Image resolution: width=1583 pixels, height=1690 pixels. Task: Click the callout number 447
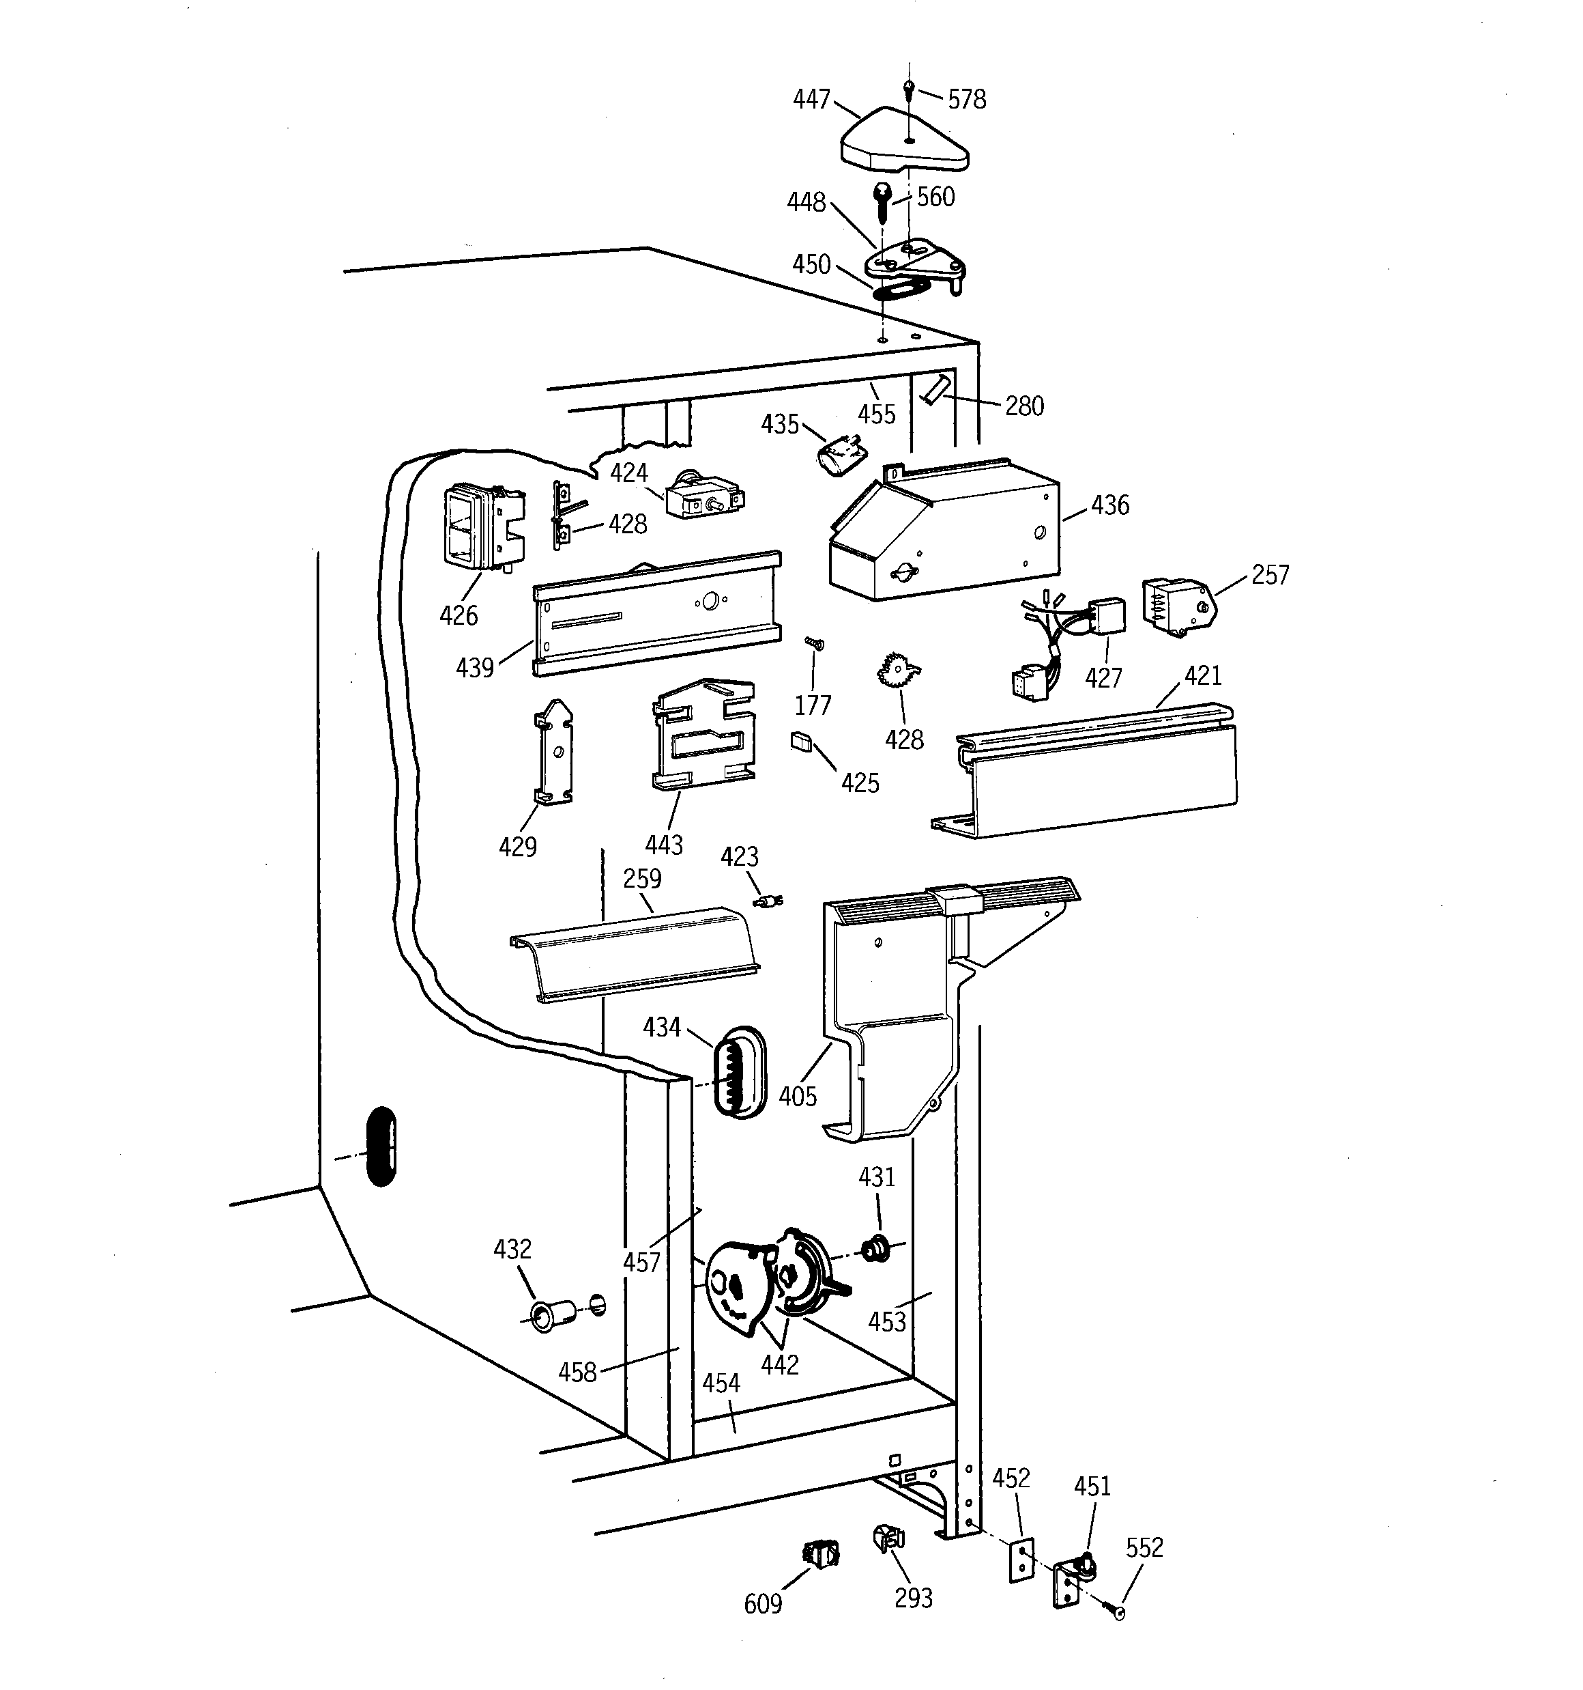(811, 100)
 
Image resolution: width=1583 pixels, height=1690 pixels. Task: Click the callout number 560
(935, 197)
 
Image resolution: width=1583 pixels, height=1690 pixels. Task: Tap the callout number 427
(1103, 678)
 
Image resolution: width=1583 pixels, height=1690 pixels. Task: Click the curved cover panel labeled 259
(635, 955)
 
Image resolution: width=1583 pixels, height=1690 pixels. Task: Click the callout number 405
(797, 1096)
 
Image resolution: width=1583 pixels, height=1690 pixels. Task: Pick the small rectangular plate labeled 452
(1021, 1559)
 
